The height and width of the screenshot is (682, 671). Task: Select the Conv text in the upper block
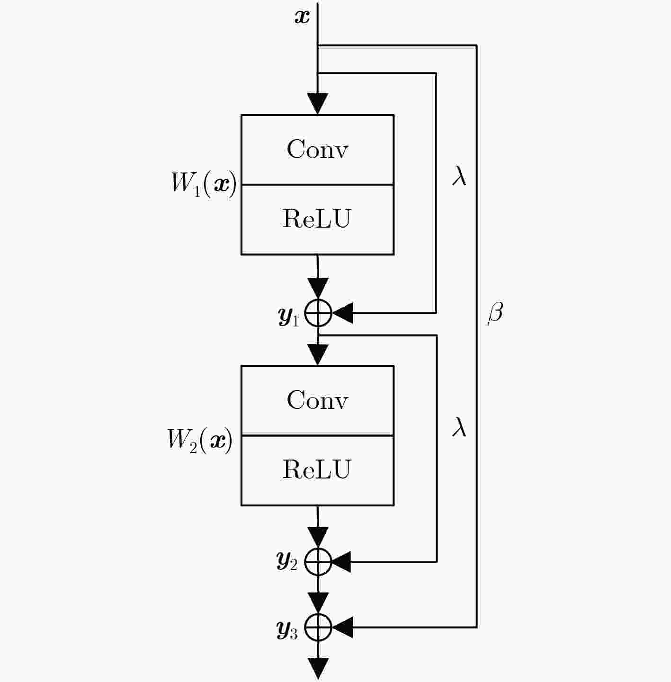point(317,149)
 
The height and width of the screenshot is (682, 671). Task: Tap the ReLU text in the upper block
point(317,219)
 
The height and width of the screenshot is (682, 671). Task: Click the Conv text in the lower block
point(317,400)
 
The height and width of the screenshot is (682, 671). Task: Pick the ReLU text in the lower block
point(317,469)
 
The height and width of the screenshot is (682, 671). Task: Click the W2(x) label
point(200,441)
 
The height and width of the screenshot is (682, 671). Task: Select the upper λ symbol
point(459,175)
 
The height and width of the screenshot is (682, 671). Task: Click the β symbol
point(495,313)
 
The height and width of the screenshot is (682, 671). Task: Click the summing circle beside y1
point(318,313)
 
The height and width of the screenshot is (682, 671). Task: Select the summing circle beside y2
point(318,562)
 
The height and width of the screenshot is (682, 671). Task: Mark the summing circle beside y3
point(318,628)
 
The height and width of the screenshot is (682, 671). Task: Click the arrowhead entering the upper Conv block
point(317,104)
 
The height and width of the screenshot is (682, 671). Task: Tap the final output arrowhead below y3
point(318,669)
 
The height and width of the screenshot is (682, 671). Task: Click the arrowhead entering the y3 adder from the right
point(342,628)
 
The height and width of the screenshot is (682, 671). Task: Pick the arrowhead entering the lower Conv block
point(318,355)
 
